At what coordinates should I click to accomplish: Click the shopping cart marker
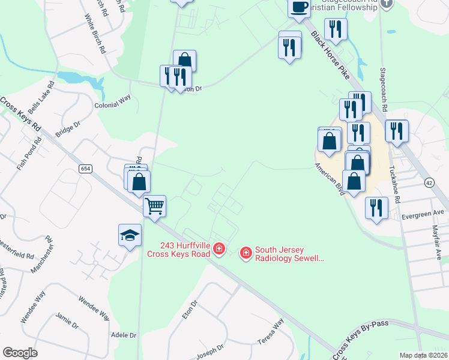(155, 207)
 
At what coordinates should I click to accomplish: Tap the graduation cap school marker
(130, 236)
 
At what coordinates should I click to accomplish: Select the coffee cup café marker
(299, 8)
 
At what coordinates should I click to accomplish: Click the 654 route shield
(85, 170)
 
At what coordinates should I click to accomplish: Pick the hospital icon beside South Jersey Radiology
(246, 254)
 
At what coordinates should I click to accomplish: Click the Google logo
(20, 353)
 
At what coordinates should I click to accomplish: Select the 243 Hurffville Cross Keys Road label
(179, 250)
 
